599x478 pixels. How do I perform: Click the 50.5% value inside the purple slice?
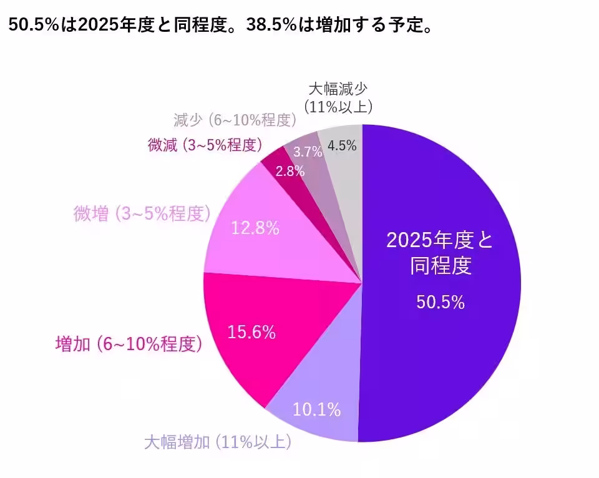(441, 303)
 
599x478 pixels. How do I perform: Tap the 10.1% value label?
(317, 410)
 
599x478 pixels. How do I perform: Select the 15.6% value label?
(252, 333)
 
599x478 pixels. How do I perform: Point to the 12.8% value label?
(255, 228)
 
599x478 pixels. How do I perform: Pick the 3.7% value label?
(308, 152)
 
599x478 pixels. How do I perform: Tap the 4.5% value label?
(342, 146)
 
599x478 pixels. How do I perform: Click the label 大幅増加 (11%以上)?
(218, 443)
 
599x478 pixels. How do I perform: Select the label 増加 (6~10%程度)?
(129, 344)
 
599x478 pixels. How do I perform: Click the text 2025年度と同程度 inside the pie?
(441, 253)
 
